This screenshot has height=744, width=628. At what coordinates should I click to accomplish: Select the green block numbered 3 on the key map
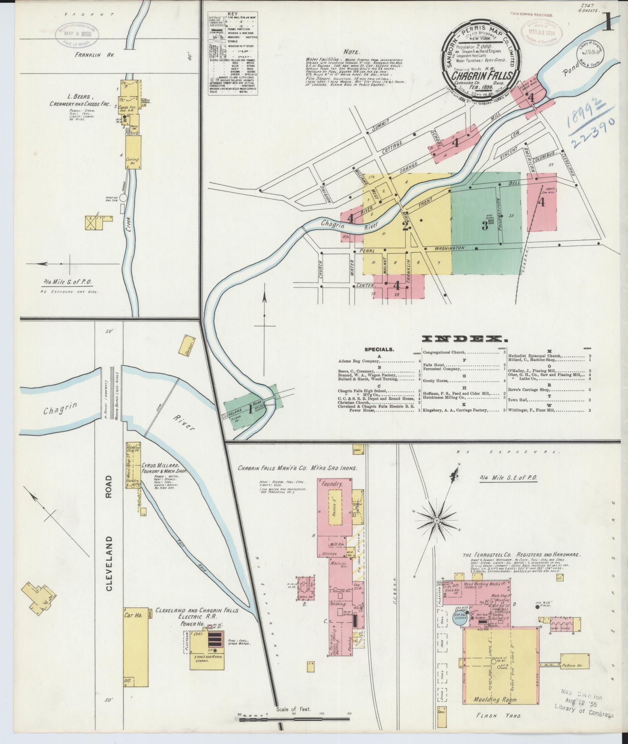click(485, 226)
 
